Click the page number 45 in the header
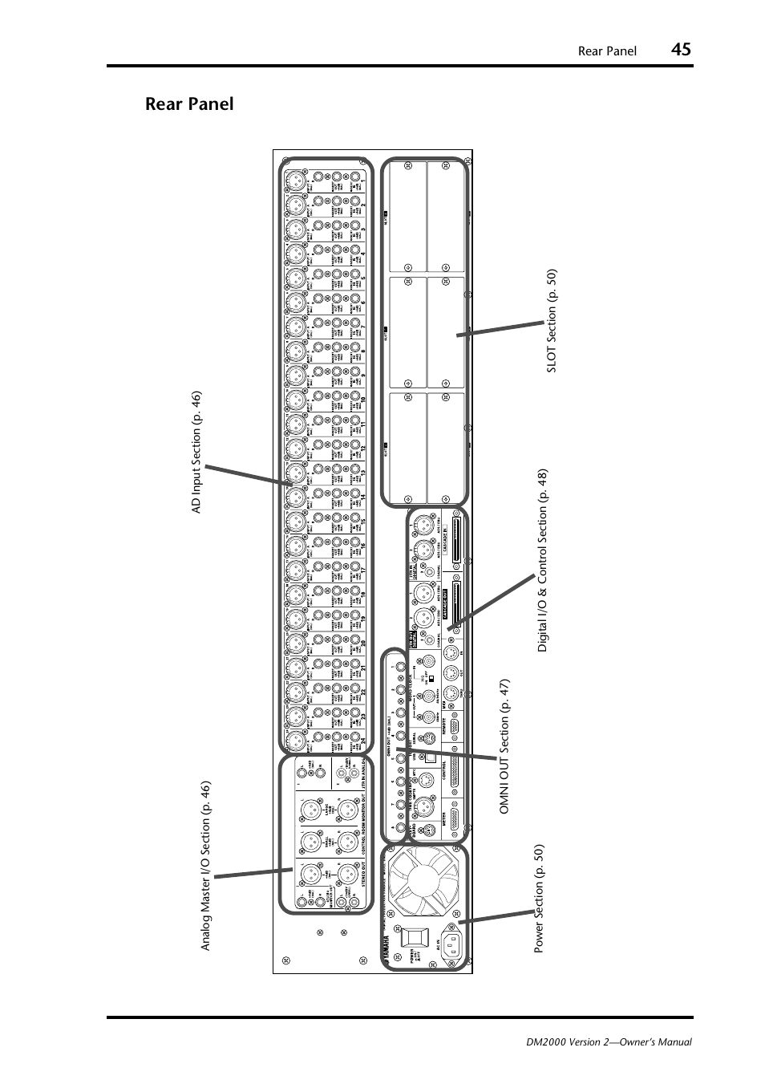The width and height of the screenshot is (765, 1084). (x=681, y=50)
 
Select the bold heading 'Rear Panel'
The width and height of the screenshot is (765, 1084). (x=189, y=104)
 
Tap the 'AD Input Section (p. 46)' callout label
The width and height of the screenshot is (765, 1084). (x=196, y=453)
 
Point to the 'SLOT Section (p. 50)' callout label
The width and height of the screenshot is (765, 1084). (x=551, y=320)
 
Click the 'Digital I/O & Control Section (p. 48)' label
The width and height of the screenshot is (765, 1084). (x=543, y=560)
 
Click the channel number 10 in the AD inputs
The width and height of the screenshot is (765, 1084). (x=362, y=399)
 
